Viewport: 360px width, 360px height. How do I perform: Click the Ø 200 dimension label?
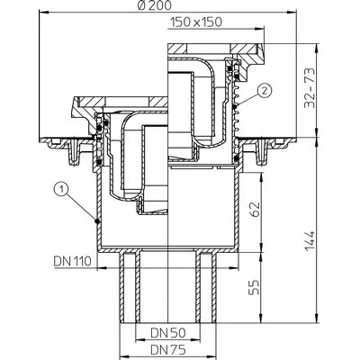[x=155, y=5]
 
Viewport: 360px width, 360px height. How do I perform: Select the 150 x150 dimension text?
[x=196, y=22]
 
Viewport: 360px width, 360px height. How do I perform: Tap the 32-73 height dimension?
[x=310, y=88]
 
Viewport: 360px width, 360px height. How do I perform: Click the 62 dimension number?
[x=254, y=210]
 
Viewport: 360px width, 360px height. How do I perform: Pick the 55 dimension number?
[x=254, y=287]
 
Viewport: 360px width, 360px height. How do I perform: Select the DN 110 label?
[x=72, y=261]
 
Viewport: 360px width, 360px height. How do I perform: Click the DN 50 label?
[x=168, y=332]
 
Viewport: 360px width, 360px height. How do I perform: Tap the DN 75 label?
[x=168, y=349]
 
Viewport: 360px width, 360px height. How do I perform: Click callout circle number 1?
[x=61, y=189]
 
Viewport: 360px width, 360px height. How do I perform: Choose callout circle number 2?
[x=265, y=90]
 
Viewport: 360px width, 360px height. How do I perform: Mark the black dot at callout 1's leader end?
[x=96, y=221]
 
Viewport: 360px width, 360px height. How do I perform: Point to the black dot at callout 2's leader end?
[x=235, y=106]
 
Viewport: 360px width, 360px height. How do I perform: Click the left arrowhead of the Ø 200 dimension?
[x=44, y=13]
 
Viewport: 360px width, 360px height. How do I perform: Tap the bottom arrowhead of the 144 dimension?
[x=317, y=319]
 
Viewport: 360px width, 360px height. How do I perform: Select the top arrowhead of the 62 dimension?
[x=262, y=177]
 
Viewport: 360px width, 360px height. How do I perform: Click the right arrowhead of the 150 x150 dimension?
[x=260, y=29]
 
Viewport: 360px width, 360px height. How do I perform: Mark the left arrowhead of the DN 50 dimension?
[x=139, y=340]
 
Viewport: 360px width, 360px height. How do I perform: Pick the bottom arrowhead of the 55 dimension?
[x=262, y=319]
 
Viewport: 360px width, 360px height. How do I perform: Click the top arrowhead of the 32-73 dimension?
[x=317, y=49]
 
